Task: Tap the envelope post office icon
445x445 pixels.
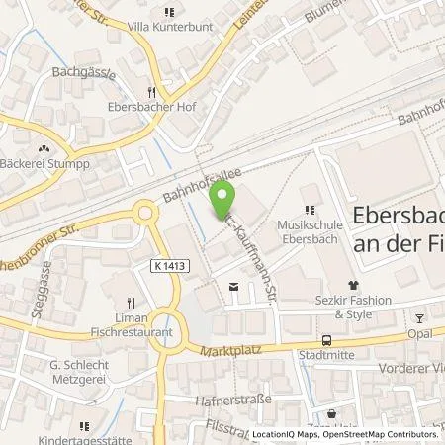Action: click(x=232, y=287)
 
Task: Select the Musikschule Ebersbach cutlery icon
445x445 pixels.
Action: click(x=310, y=209)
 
